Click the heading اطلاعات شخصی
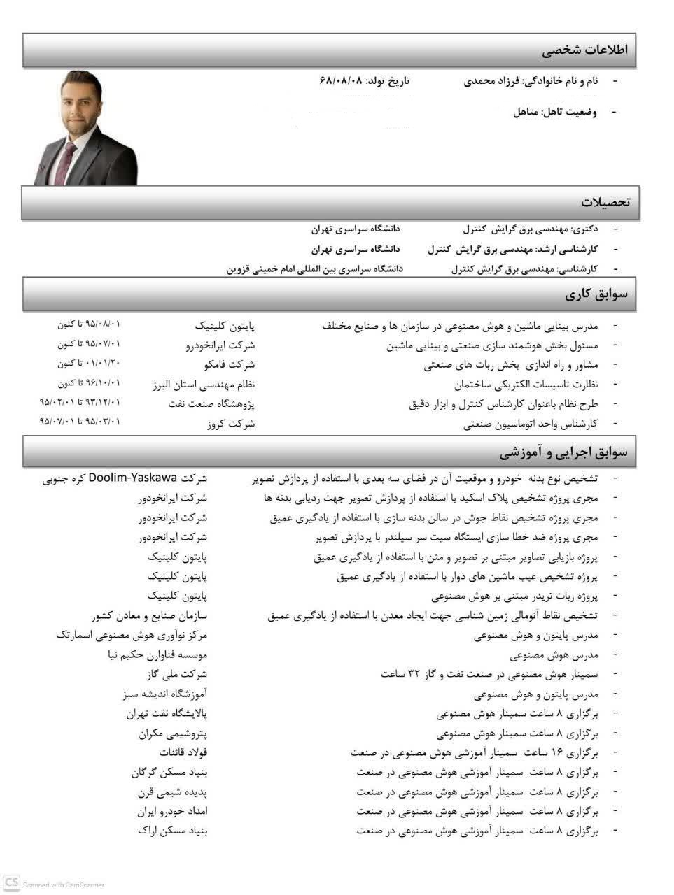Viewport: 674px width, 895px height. coord(585,50)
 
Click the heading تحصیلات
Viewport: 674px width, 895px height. coord(605,203)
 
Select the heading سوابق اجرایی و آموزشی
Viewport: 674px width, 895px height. coord(563,453)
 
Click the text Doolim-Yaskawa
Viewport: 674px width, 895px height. coord(132,479)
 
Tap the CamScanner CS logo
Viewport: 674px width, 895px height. coord(10,882)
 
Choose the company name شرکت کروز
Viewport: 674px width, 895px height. coord(232,423)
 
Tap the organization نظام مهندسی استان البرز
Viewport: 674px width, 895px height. coord(204,384)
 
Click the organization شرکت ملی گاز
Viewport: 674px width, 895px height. coord(176,674)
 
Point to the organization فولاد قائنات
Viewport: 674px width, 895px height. coord(183,753)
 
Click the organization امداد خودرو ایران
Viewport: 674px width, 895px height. coord(172,811)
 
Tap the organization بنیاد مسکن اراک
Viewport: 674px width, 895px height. coord(172,831)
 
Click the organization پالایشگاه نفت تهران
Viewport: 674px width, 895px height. coord(167,713)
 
